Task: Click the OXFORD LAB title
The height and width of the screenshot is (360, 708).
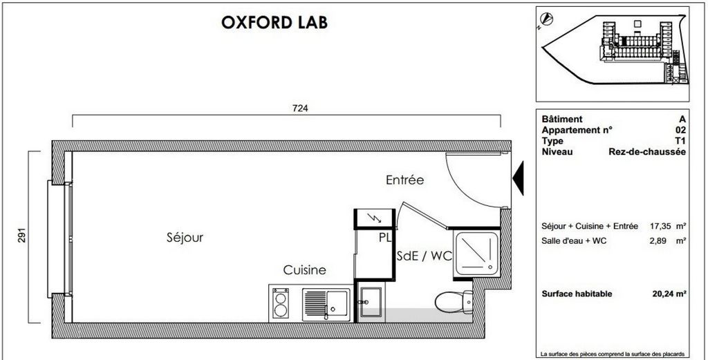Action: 274,21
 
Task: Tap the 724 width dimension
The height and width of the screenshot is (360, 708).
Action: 300,108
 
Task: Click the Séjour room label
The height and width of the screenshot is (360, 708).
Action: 185,237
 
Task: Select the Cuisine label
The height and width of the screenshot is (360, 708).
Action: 304,270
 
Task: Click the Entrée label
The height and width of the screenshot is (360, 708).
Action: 404,180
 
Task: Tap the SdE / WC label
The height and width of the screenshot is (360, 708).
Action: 425,256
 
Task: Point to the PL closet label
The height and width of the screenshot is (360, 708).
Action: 385,238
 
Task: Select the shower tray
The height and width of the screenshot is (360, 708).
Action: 477,253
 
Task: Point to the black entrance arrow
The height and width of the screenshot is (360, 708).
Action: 519,178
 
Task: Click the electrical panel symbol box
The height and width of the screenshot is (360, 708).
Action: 374,219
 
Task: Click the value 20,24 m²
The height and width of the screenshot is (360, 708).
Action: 669,294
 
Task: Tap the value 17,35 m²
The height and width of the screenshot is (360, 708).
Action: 669,226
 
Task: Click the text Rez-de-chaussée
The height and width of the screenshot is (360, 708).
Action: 647,152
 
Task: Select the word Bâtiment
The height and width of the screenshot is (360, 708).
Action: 562,119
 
